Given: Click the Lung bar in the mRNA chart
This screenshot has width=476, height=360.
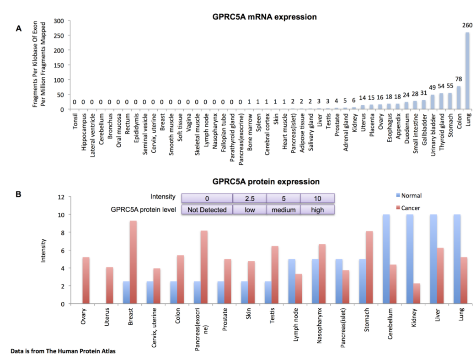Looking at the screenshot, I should (x=467, y=71).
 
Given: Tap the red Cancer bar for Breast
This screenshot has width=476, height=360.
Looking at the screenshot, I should (x=133, y=262).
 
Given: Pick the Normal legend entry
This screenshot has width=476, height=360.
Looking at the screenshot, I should (x=410, y=195).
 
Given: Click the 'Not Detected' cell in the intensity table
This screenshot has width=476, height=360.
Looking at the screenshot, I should (x=207, y=210).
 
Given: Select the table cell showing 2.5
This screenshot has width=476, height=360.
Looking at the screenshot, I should (x=249, y=198).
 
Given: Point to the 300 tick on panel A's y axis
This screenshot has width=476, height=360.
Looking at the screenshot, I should (x=58, y=21).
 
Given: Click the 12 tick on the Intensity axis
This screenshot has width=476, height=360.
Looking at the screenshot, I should (x=61, y=197).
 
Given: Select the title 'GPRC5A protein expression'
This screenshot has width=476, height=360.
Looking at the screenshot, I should (x=266, y=182).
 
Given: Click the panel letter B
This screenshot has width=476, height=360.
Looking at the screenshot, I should (x=19, y=194).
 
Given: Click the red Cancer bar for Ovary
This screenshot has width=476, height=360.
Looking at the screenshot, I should (x=86, y=280).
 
